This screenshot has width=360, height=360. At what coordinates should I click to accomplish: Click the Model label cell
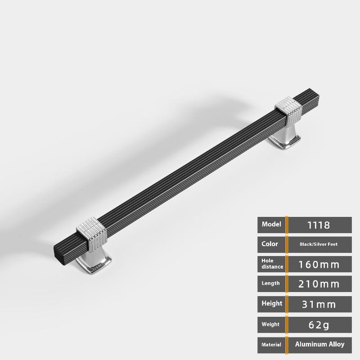(x=271, y=225)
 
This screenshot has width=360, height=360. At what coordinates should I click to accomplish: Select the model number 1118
(x=319, y=225)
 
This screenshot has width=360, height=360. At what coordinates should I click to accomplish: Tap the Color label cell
(x=271, y=244)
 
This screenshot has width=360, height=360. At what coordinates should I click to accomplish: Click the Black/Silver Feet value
(x=319, y=244)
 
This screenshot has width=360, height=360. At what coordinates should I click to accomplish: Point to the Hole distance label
(x=272, y=264)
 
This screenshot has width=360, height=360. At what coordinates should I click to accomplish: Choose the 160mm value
(x=319, y=265)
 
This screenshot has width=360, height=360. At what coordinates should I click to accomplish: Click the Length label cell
(x=271, y=284)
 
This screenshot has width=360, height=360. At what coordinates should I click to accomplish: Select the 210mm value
(x=319, y=284)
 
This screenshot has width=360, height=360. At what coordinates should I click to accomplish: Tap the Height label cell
(x=271, y=304)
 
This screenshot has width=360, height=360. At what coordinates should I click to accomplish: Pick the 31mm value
(x=319, y=305)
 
